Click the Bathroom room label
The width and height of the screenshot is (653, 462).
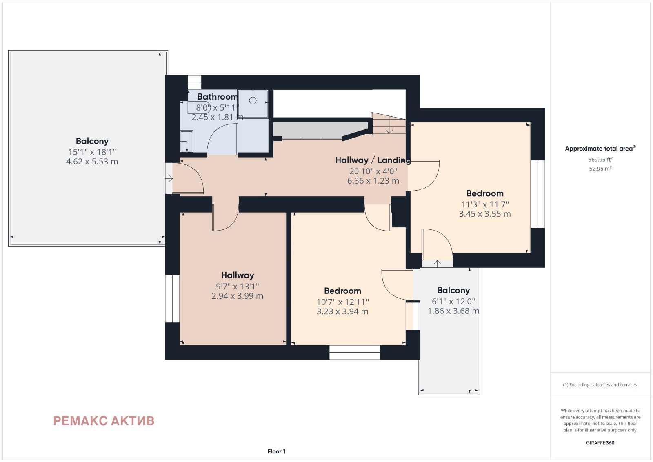click(218, 96)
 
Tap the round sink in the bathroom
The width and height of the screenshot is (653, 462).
click(253, 100)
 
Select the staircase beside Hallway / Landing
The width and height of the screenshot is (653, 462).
click(388, 123)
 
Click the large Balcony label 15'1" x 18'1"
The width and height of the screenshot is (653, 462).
click(92, 141)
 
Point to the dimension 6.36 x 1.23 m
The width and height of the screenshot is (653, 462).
click(373, 181)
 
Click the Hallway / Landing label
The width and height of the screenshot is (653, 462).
click(373, 160)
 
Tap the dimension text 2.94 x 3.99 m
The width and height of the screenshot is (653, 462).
click(237, 296)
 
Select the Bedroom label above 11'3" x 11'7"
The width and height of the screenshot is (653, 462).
click(485, 193)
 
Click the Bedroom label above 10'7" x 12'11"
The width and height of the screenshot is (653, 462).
click(342, 291)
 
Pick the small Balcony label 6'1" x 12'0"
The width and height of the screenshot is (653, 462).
click(453, 290)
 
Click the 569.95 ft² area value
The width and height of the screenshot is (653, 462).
click(600, 160)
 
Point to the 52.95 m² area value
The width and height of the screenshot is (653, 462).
click(600, 169)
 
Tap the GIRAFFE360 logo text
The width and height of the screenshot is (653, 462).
click(600, 443)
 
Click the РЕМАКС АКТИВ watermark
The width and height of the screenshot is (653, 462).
click(104, 421)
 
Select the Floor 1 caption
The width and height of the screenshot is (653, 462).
click(276, 451)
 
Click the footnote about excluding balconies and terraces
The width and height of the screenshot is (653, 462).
click(600, 385)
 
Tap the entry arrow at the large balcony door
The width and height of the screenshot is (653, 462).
click(169, 178)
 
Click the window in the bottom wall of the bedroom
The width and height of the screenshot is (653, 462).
click(355, 352)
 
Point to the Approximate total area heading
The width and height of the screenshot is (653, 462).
click(600, 149)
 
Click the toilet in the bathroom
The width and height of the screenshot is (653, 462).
click(187, 141)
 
